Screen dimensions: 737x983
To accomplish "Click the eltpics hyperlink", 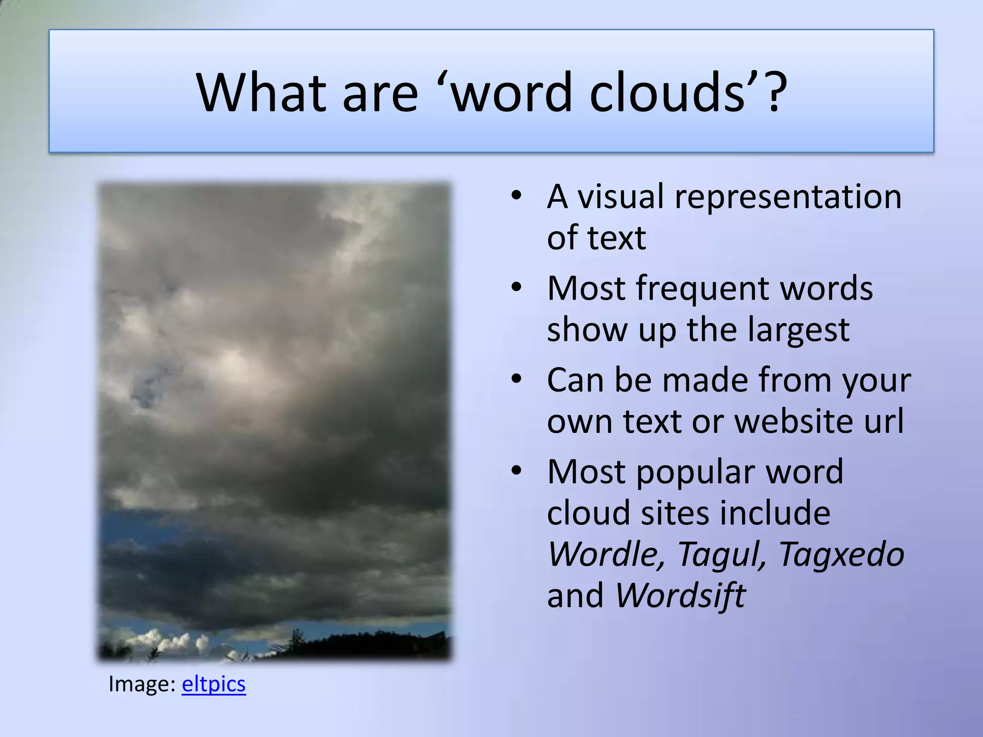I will click(214, 684).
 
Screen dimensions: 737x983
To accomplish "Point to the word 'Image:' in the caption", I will click(142, 684).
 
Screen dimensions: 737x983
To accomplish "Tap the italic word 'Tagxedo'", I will click(841, 554).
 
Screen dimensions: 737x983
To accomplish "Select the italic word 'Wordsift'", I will click(680, 595).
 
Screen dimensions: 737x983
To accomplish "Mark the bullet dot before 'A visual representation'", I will click(516, 196).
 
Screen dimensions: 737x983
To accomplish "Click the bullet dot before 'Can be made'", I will click(516, 379).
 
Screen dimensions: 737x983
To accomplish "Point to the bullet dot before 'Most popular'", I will click(516, 471).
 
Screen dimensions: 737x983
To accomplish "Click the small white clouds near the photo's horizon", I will click(163, 641).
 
